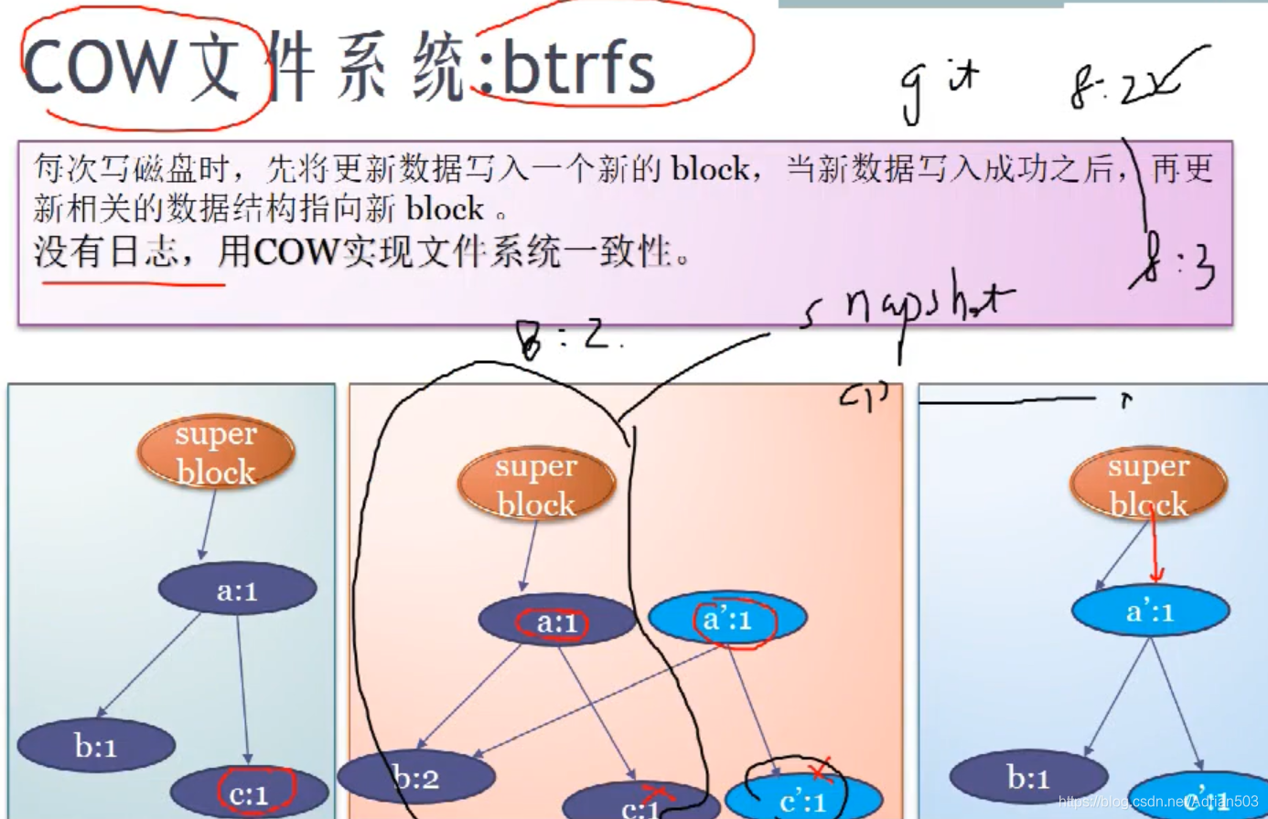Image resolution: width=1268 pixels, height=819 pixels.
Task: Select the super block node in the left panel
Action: tap(216, 452)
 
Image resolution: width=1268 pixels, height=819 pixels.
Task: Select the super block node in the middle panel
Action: tap(536, 484)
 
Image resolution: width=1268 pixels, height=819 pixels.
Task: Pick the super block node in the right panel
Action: tap(1148, 484)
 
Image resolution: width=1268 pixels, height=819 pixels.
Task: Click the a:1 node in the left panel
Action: tap(237, 590)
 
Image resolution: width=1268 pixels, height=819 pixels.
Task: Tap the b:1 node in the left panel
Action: tap(96, 746)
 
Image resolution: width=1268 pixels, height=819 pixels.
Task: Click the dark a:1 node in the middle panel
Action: tap(556, 622)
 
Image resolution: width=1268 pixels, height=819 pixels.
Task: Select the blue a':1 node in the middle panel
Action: tap(727, 619)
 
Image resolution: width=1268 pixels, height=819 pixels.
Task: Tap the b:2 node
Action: tap(416, 778)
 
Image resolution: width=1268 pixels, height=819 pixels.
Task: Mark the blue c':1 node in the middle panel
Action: tap(802, 800)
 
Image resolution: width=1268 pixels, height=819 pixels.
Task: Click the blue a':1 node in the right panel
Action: tap(1150, 611)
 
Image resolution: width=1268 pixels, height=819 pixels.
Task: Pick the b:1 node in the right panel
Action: tap(1028, 777)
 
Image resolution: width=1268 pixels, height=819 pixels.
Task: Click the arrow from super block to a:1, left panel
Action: tap(208, 526)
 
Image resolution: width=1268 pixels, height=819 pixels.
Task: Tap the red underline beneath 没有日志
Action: tap(134, 284)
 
